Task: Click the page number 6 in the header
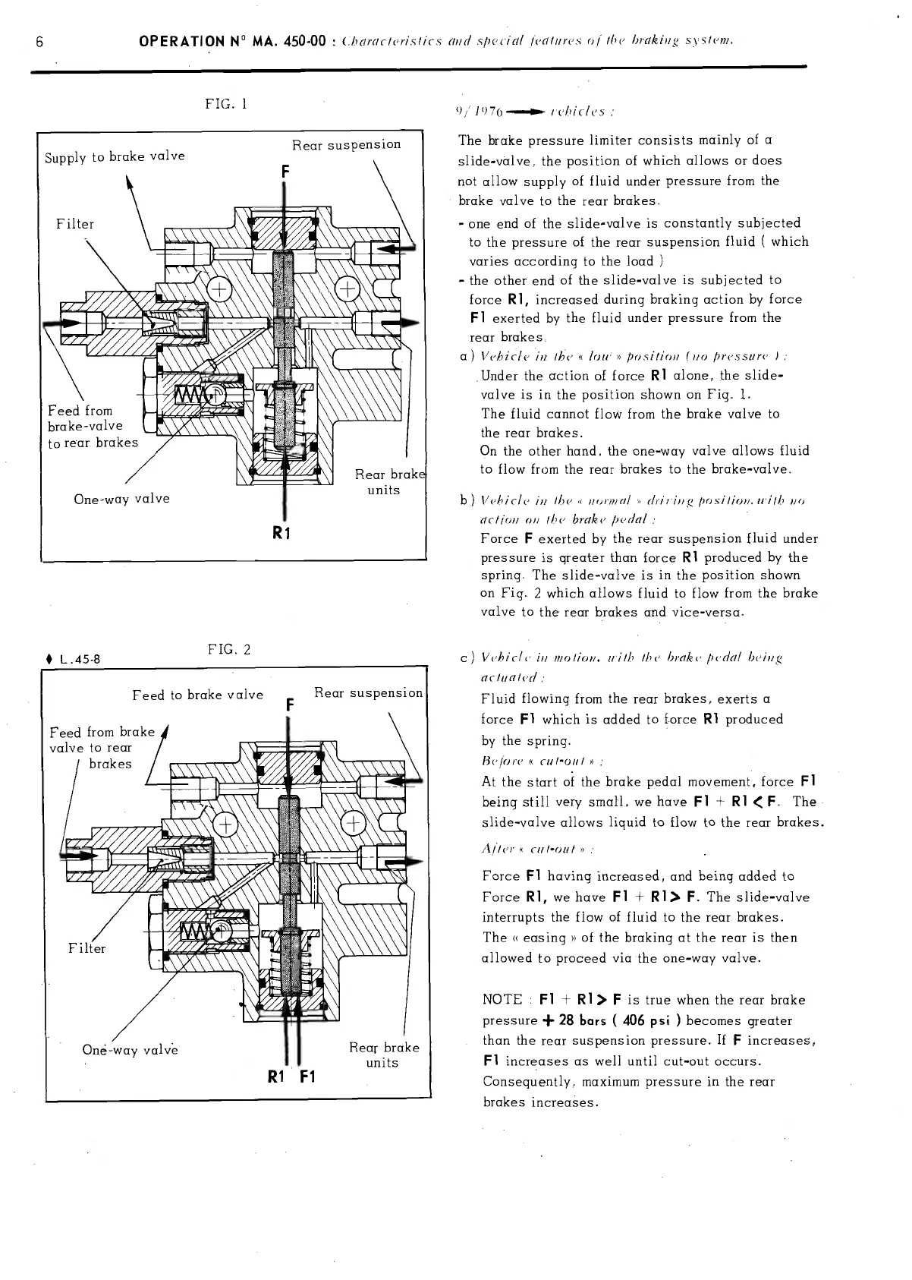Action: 38,42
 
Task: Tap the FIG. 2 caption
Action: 228,650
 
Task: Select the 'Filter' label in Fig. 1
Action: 75,224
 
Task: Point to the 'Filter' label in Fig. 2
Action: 87,948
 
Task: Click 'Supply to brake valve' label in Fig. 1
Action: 115,156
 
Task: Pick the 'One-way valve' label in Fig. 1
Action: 121,499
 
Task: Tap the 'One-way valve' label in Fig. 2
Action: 130,1050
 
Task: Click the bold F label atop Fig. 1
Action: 284,173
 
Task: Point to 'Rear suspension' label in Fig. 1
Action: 346,144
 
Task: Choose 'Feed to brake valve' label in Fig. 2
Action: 197,695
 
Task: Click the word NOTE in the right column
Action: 502,1000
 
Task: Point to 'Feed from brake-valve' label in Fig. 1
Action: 85,418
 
